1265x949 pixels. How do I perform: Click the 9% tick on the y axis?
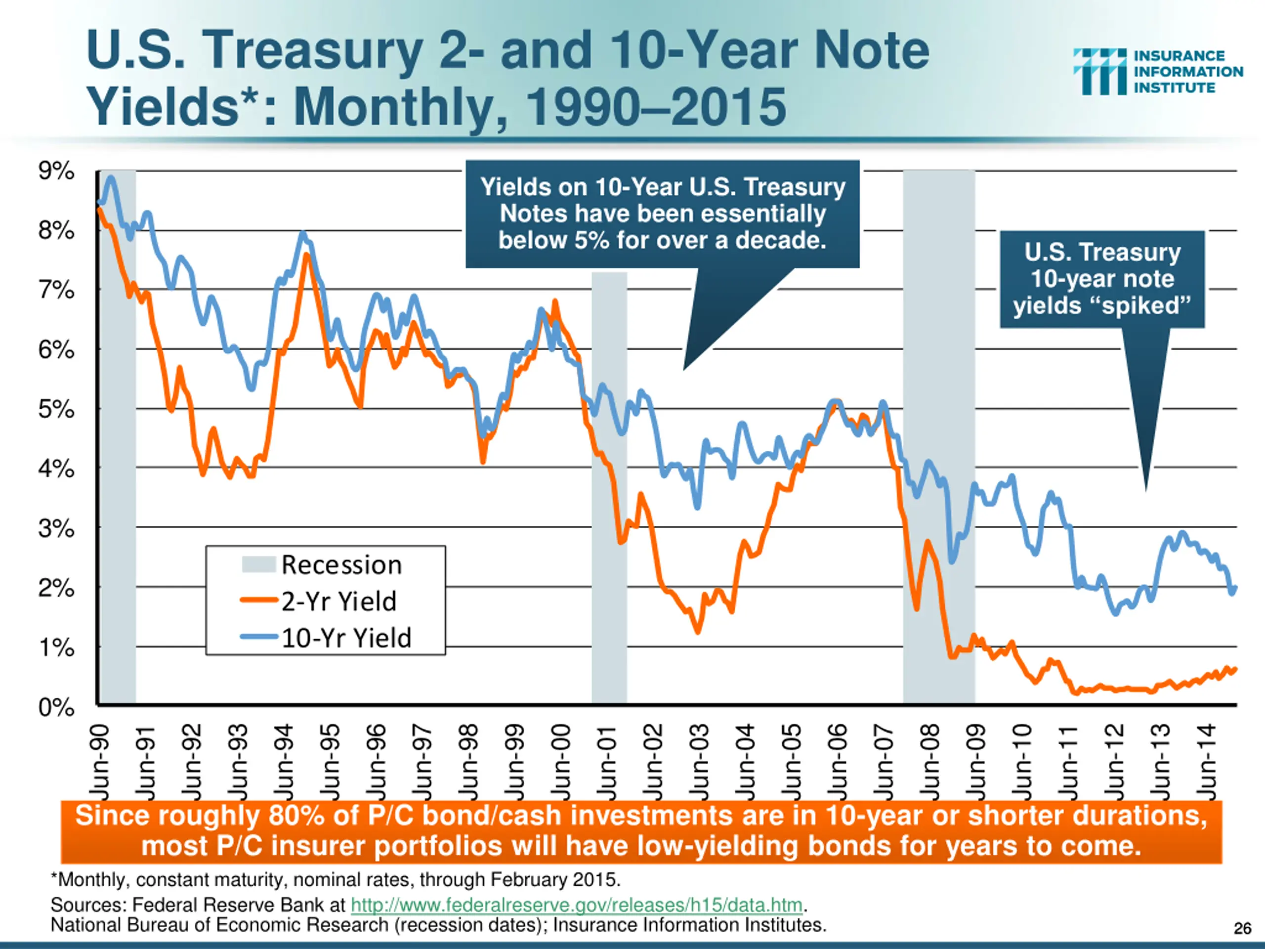tap(56, 171)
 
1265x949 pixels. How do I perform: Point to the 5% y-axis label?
tap(56, 410)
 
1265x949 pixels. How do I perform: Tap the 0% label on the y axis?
tap(56, 708)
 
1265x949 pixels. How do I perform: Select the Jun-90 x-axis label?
tap(99, 761)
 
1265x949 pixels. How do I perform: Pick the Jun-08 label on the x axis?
tap(931, 761)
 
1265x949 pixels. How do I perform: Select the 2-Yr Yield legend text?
tap(338, 601)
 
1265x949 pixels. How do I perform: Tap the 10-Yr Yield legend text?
tap(346, 638)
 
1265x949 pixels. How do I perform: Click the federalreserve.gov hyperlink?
tap(577, 905)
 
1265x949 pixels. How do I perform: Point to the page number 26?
tap(1242, 928)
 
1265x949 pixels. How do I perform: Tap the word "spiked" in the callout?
tap(1138, 305)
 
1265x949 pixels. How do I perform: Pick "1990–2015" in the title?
tap(656, 107)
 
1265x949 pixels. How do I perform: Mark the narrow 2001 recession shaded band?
tap(609, 486)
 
